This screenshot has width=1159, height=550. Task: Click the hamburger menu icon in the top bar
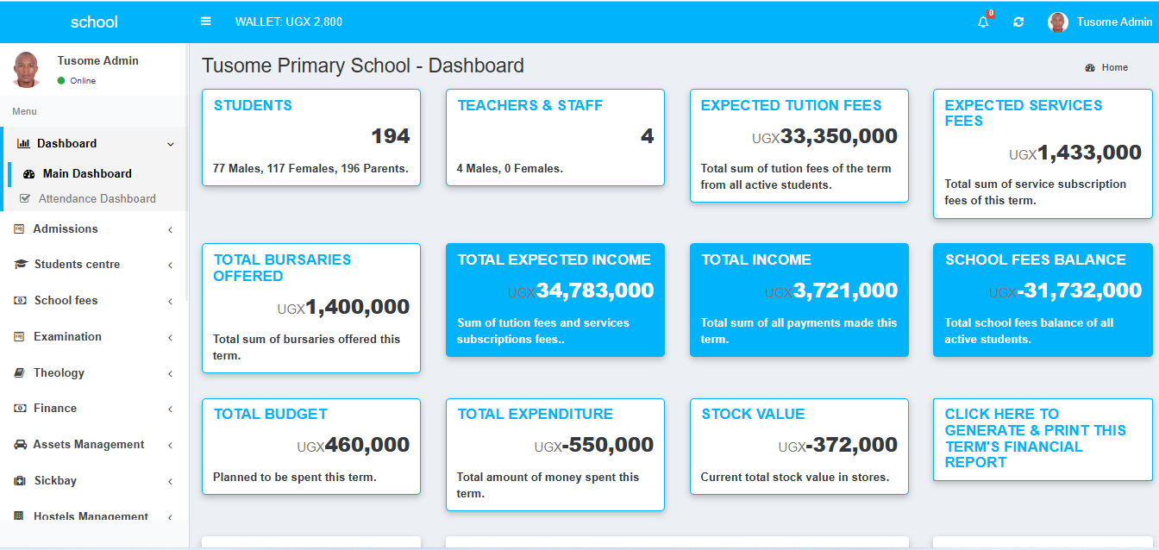point(206,22)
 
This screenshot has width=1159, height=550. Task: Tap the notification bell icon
point(983,22)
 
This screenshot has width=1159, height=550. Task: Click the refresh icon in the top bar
point(1018,22)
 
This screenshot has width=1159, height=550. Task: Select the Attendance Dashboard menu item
point(97,198)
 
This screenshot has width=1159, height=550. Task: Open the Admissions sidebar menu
point(66,228)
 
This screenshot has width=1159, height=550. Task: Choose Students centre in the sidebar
point(77,265)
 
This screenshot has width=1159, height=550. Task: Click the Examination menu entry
point(67,337)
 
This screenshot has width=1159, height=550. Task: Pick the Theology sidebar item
point(59,373)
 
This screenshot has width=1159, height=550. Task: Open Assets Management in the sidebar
point(88,445)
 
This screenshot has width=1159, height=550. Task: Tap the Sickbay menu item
point(55,481)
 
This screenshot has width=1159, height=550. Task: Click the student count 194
point(390,136)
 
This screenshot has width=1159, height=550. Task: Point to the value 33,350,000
point(838,136)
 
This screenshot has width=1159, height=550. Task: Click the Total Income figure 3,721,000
point(845,291)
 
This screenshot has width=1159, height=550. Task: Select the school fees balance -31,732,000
point(1079,291)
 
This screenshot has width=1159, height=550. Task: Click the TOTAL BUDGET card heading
point(270,415)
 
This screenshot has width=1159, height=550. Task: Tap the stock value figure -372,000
point(851,445)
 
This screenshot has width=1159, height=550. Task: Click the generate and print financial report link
point(1035,438)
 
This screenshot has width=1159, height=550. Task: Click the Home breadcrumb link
point(1114,67)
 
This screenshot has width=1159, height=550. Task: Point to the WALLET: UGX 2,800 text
point(288,22)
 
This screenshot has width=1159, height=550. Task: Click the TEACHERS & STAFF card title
point(529,106)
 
